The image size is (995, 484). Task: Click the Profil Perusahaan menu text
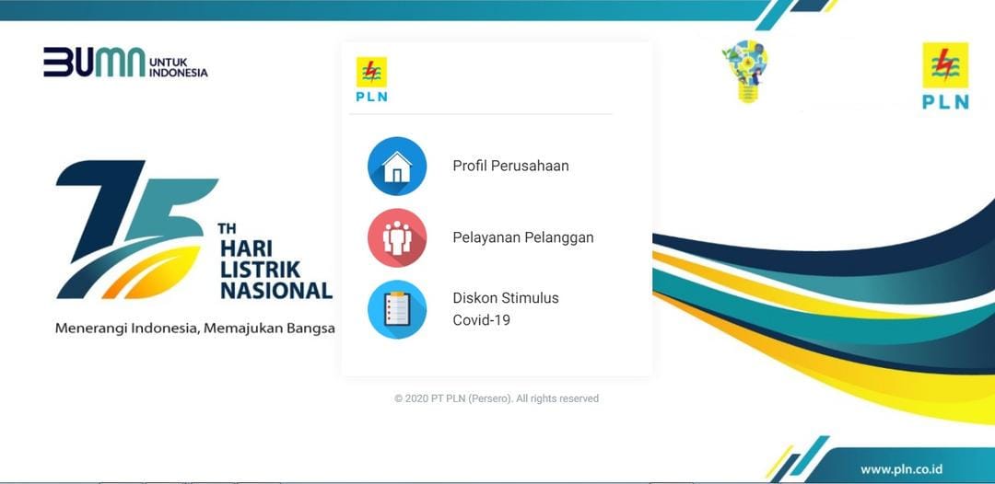[x=510, y=167]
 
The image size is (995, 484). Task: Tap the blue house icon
[x=397, y=167]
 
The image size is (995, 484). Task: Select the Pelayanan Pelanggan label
[x=522, y=237]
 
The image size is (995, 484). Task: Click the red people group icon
[x=397, y=237]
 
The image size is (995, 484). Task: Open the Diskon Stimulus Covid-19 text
[x=506, y=309]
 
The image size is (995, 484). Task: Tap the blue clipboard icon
[x=397, y=309]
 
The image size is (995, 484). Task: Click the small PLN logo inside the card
[x=371, y=79]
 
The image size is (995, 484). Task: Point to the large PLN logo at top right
[x=945, y=75]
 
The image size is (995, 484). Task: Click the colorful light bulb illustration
[x=745, y=70]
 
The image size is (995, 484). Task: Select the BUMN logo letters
[x=94, y=62]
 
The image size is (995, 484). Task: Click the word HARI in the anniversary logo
[x=245, y=249]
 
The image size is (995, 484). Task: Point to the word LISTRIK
[x=260, y=270]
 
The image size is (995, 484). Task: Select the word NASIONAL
[x=275, y=291]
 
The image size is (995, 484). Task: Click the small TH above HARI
[x=227, y=228]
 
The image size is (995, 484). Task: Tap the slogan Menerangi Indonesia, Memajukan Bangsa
[x=194, y=328]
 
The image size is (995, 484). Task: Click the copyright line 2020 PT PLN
[x=497, y=398]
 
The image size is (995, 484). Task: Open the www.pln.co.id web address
[x=901, y=468]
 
